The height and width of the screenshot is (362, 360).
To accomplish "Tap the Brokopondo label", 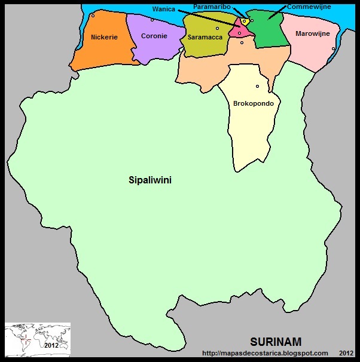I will [x=254, y=103].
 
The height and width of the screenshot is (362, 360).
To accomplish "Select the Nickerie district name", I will [x=104, y=37].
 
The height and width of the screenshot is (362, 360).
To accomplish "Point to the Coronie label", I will [x=154, y=36].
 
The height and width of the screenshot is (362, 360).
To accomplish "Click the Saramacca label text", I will [x=205, y=37].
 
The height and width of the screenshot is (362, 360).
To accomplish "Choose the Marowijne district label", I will [x=312, y=34].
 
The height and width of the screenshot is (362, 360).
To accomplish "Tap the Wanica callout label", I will [x=163, y=9].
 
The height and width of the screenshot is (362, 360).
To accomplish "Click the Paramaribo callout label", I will [x=212, y=6].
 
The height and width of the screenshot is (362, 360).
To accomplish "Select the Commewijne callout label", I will [x=309, y=7].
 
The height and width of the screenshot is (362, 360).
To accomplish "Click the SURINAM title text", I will [x=276, y=342].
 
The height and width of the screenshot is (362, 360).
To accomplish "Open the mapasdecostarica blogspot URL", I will [x=265, y=353].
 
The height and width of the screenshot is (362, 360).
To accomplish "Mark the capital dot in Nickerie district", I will [x=93, y=16].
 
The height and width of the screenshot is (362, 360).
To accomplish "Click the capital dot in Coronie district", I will [x=152, y=20].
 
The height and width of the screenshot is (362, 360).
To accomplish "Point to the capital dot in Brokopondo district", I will [x=257, y=86].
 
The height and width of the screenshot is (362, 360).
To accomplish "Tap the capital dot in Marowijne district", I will [x=333, y=49].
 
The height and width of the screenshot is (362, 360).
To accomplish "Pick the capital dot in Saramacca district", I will [x=217, y=28].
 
